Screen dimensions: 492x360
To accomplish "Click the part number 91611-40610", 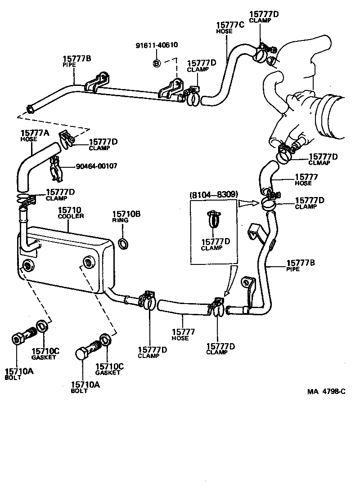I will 157,45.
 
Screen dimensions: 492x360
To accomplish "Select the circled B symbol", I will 157,63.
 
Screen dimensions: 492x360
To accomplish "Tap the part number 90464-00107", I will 96,166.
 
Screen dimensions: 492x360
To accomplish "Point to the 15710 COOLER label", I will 71,213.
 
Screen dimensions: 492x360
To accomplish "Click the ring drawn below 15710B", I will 123,244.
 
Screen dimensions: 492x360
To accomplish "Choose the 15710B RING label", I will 126,217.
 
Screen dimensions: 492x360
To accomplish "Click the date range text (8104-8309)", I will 214,194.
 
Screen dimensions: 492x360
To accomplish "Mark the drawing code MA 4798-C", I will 327,391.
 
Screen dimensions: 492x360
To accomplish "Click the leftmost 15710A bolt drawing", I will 23,338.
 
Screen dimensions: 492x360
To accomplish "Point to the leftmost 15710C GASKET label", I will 45,353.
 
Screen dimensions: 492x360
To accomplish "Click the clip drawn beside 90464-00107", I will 57,167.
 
